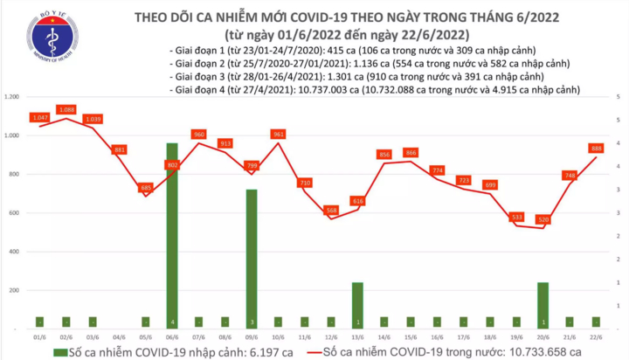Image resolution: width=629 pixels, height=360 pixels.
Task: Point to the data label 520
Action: tap(543, 219)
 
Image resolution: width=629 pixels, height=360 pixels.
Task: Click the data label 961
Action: tap(279, 135)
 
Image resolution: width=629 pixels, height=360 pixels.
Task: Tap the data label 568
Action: tap(331, 210)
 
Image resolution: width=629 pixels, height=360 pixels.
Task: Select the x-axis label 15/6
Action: tap(410, 336)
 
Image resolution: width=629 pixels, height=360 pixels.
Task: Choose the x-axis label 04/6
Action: tap(119, 336)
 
